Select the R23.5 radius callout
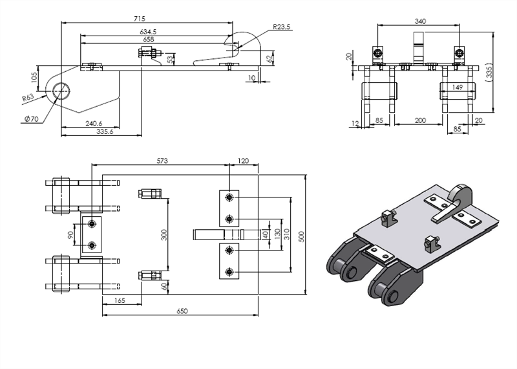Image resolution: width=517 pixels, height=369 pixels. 281,27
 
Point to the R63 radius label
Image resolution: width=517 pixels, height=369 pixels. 28,98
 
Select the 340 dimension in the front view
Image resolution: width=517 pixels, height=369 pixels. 419,21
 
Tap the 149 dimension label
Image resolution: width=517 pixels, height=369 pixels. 458,87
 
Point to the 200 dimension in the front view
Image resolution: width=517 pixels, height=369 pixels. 419,120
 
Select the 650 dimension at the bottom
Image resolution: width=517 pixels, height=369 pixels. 182,312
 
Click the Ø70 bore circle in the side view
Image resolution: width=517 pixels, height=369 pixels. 62,90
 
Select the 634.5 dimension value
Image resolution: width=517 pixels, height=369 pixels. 149,31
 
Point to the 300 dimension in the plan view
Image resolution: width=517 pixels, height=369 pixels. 164,234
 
